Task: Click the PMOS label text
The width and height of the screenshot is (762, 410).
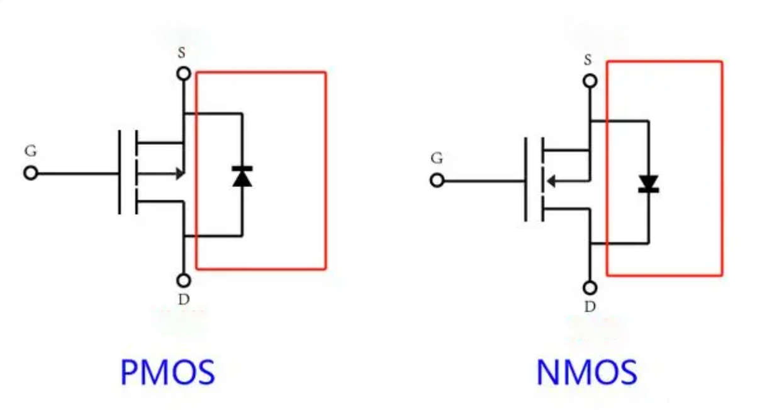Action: pyautogui.click(x=168, y=372)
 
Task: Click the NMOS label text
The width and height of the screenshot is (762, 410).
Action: pyautogui.click(x=587, y=372)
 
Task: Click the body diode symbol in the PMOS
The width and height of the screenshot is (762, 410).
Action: pyautogui.click(x=242, y=176)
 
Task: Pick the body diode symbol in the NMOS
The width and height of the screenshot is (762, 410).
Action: pyautogui.click(x=648, y=184)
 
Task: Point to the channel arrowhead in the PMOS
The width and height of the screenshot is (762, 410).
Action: pyautogui.click(x=180, y=174)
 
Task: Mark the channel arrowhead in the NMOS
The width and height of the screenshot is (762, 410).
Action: pyautogui.click(x=551, y=181)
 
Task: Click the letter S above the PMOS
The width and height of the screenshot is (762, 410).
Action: pyautogui.click(x=182, y=53)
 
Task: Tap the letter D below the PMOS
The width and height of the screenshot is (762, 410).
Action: pyautogui.click(x=184, y=300)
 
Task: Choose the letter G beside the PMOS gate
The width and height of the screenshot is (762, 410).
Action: pyautogui.click(x=31, y=151)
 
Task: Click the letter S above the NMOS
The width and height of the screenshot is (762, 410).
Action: pyautogui.click(x=588, y=60)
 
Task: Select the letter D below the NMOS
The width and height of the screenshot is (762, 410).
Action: pyautogui.click(x=590, y=307)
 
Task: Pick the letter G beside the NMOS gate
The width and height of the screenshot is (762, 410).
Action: pyautogui.click(x=437, y=158)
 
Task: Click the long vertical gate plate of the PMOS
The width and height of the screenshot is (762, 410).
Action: pyautogui.click(x=120, y=173)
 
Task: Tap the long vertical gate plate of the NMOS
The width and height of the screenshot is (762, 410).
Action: pyautogui.click(x=525, y=179)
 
